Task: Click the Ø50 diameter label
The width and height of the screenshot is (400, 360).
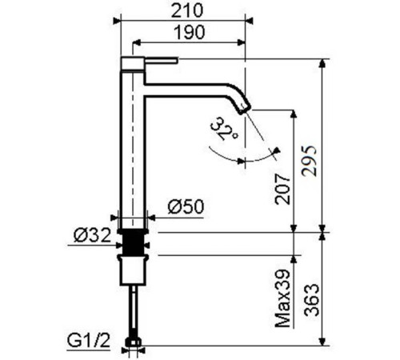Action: tap(186, 207)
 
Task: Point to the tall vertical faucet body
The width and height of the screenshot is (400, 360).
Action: tap(133, 144)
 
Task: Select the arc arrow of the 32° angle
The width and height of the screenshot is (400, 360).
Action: tap(256, 159)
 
